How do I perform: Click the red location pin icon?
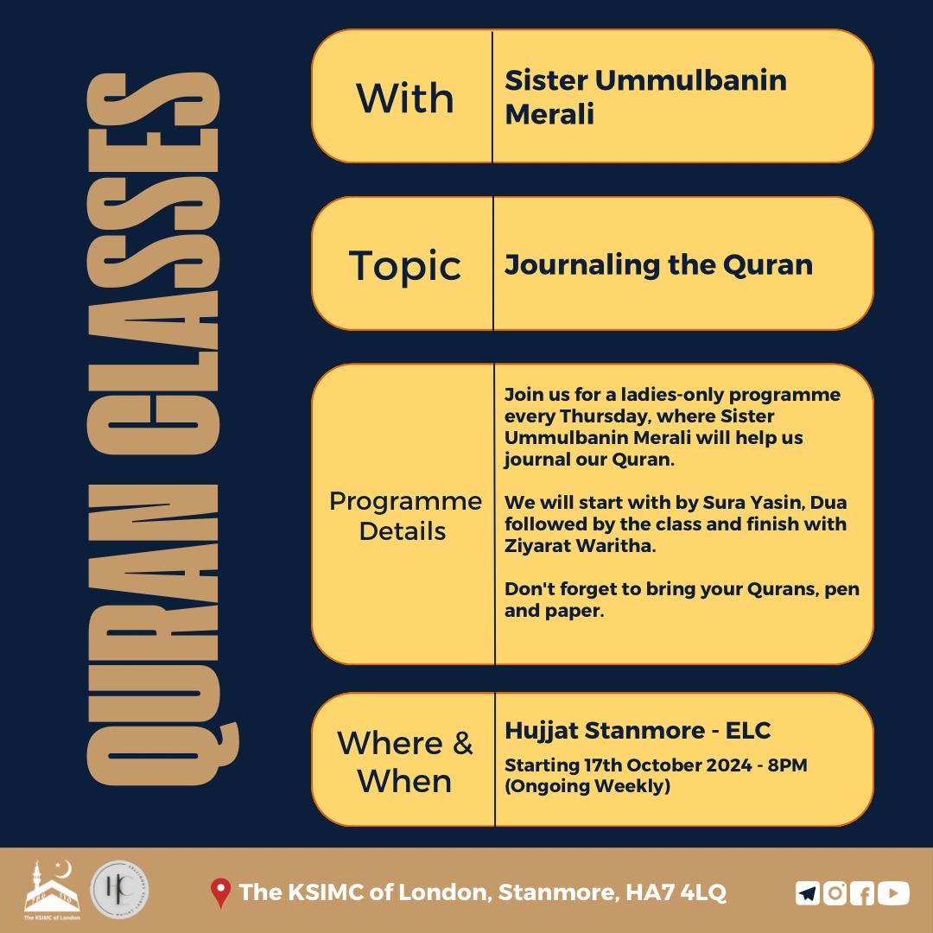[220, 892]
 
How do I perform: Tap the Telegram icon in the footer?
[808, 893]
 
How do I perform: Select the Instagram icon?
[835, 893]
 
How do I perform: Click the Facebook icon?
[861, 893]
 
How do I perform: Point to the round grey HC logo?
[119, 890]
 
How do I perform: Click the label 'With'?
[404, 98]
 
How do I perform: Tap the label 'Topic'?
[404, 265]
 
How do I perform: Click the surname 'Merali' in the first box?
[549, 114]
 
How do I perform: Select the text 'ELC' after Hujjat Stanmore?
[748, 730]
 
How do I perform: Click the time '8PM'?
[787, 765]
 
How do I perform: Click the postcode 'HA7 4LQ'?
[676, 892]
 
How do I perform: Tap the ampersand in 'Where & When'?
[461, 743]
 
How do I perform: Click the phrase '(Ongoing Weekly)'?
[587, 786]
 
